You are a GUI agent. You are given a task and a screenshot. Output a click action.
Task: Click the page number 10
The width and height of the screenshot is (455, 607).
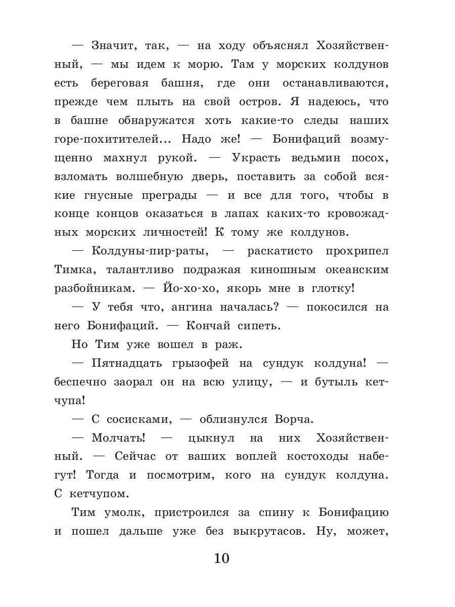(221, 558)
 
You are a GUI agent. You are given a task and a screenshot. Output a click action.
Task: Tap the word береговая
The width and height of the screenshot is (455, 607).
(128, 83)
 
